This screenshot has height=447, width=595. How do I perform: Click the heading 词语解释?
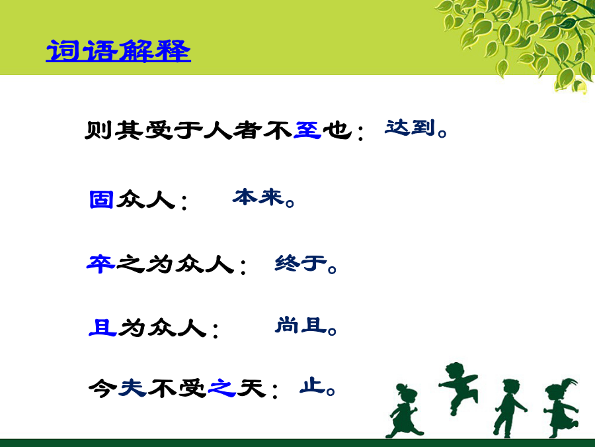[x=118, y=50]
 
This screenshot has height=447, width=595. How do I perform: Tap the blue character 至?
[x=307, y=130]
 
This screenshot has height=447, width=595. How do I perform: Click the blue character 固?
[x=101, y=199]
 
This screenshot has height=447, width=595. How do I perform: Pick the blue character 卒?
[x=100, y=264]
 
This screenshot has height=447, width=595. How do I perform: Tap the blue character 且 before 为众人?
[x=102, y=327]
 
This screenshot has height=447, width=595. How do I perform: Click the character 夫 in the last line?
[x=132, y=388]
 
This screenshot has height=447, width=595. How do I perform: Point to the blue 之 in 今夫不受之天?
[x=222, y=388]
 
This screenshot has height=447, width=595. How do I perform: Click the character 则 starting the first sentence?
[x=99, y=130]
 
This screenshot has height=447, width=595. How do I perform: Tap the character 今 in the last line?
[x=102, y=388]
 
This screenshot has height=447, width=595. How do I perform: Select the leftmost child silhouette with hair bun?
[x=403, y=411]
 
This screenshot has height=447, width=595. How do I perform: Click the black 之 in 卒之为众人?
[x=130, y=264]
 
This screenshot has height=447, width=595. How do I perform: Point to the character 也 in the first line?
[x=337, y=130]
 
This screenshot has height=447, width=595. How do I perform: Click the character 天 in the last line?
[x=251, y=388]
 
